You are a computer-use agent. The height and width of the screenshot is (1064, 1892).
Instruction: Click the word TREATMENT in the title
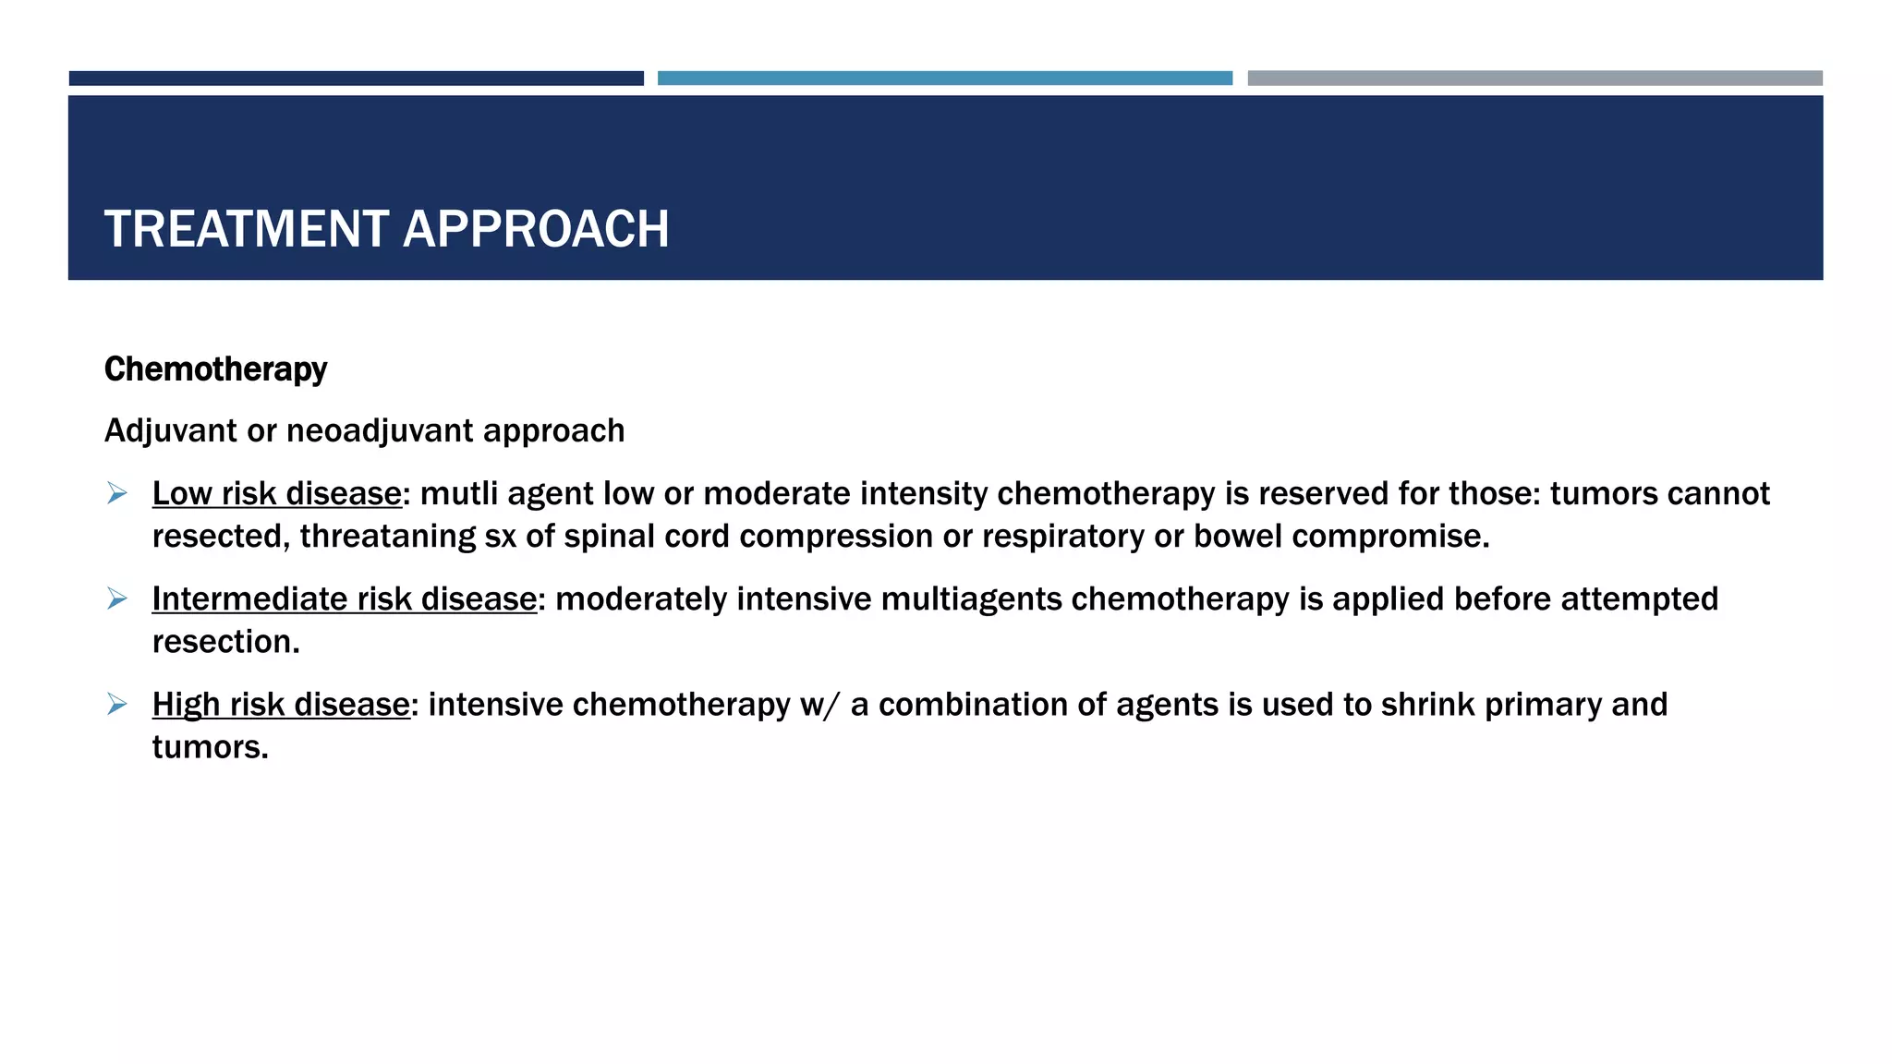(x=247, y=229)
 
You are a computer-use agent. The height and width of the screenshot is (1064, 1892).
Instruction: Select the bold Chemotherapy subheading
(x=215, y=369)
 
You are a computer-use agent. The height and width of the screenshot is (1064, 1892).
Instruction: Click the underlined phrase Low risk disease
(x=276, y=494)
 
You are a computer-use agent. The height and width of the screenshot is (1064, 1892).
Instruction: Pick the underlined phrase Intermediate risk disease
(x=344, y=599)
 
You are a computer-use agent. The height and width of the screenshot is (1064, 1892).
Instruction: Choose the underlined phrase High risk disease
(x=281, y=705)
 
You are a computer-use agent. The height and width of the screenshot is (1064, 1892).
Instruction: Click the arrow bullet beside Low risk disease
(x=117, y=493)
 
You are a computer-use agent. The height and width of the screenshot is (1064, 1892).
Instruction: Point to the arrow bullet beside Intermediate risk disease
(x=117, y=598)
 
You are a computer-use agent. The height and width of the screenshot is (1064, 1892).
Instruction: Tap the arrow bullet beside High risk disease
(x=117, y=704)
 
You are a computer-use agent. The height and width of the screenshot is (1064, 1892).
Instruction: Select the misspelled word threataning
(x=387, y=537)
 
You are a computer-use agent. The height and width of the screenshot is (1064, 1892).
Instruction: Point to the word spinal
(x=605, y=537)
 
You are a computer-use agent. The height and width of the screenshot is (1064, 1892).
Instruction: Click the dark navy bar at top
(x=356, y=79)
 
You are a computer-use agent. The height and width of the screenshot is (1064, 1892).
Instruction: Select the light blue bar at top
(x=944, y=79)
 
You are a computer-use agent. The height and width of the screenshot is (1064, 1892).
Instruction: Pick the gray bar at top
(x=1534, y=79)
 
